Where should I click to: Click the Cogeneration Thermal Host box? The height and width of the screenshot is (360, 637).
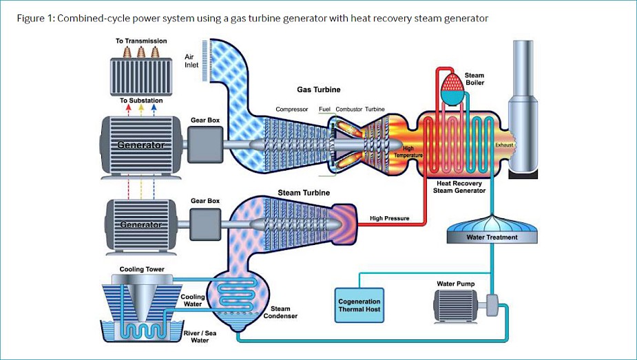pyautogui.click(x=359, y=305)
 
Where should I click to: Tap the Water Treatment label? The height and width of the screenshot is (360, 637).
pyautogui.click(x=492, y=237)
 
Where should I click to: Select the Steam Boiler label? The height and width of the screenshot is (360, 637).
pyautogui.click(x=474, y=79)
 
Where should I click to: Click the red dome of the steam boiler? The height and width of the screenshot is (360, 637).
pyautogui.click(x=452, y=83)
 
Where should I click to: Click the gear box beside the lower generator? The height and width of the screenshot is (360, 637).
pyautogui.click(x=205, y=224)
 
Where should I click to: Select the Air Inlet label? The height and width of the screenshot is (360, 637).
pyautogui.click(x=191, y=61)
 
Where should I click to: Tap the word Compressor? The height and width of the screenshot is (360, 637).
pyautogui.click(x=292, y=109)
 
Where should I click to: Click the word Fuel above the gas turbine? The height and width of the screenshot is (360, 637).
pyautogui.click(x=324, y=109)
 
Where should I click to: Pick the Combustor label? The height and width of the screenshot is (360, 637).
pyautogui.click(x=348, y=109)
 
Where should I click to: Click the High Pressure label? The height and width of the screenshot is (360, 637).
pyautogui.click(x=389, y=219)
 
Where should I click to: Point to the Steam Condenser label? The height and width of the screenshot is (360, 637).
pyautogui.click(x=280, y=313)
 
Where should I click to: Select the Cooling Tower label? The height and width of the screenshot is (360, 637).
pyautogui.click(x=141, y=269)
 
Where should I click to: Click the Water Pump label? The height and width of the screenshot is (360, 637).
pyautogui.click(x=455, y=284)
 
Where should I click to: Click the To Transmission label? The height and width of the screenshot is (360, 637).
pyautogui.click(x=141, y=41)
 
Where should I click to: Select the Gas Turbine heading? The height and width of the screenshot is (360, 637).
pyautogui.click(x=318, y=90)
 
